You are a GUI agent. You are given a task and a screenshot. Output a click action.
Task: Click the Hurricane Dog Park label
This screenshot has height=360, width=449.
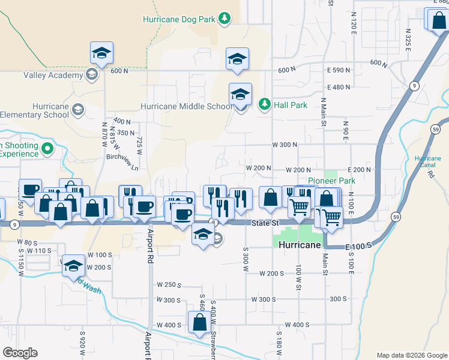click(x=179, y=19)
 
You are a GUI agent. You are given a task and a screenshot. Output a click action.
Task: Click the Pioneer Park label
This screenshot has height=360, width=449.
click(x=331, y=181)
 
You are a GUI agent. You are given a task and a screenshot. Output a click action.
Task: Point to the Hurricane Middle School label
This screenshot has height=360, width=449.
click(x=185, y=106)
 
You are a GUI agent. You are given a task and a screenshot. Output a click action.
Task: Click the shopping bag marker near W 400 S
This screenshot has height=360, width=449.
click(x=199, y=322)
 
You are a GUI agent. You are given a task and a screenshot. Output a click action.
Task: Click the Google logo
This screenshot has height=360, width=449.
click(x=20, y=353)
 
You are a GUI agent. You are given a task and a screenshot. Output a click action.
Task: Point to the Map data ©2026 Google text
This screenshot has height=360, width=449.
click(x=412, y=355)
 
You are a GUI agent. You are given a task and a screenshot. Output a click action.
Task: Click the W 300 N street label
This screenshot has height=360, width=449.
click(x=285, y=145)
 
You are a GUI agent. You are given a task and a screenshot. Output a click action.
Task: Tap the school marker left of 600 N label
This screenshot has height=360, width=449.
click(x=102, y=54)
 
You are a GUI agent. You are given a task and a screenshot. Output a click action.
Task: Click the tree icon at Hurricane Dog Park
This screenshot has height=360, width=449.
click(x=224, y=19)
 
